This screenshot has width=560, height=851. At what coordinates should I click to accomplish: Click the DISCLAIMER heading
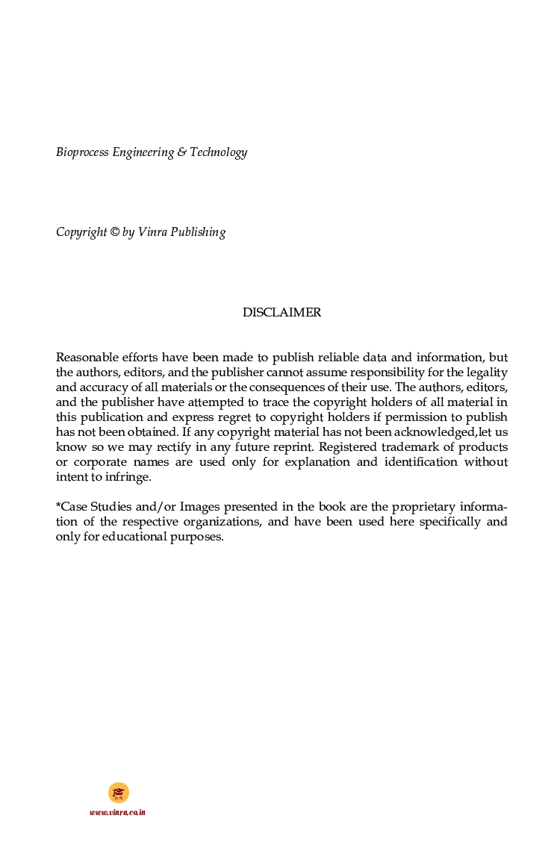click(281, 313)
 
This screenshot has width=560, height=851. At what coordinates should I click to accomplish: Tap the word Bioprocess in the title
click(82, 152)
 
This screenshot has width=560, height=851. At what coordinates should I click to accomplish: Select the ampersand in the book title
click(181, 152)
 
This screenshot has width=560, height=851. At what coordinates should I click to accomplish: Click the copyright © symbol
click(114, 232)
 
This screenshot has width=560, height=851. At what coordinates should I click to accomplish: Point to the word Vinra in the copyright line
click(152, 232)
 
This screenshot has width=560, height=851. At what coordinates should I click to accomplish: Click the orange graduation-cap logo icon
click(118, 792)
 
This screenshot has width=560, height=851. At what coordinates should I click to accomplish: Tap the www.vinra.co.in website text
click(117, 812)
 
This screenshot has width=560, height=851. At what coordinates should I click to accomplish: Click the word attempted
click(226, 402)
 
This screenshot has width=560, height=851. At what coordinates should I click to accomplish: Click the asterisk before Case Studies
click(58, 505)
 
